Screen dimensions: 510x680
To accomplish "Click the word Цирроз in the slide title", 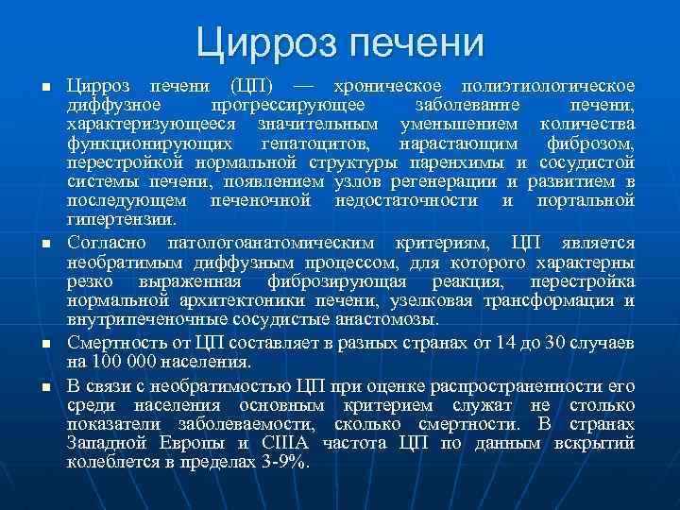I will tap(268, 43).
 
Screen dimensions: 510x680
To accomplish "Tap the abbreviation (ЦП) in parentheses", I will tap(257, 85).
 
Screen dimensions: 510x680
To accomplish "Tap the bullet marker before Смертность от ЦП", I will tap(44, 341).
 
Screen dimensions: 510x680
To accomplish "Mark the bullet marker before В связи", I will tap(44, 386).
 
